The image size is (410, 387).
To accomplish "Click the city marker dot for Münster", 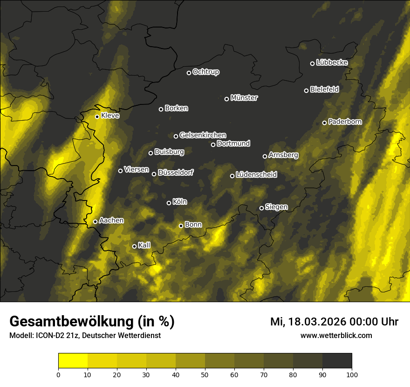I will [227, 99].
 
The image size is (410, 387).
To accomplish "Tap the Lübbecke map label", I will [332, 62].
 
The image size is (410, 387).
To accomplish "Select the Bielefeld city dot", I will [307, 90].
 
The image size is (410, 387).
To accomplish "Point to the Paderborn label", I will [345, 122].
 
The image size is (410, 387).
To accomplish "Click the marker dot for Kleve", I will [97, 117].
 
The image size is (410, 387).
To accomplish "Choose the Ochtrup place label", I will [205, 72].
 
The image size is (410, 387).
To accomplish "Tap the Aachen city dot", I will [96, 221].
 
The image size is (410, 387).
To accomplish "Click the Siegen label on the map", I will [276, 207].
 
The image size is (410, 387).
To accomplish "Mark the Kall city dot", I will [135, 246].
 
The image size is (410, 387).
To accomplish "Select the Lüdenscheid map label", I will [256, 175].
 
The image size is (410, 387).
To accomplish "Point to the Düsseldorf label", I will [175, 173].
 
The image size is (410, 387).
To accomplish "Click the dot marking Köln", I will [169, 203].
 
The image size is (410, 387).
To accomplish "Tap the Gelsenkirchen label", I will [203, 135].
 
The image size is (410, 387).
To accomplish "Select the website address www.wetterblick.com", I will [336, 335].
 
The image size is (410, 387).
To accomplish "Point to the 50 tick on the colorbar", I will [205, 374].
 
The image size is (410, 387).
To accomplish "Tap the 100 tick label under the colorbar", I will [352, 374].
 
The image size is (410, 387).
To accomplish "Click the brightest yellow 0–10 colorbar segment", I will [73, 360].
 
